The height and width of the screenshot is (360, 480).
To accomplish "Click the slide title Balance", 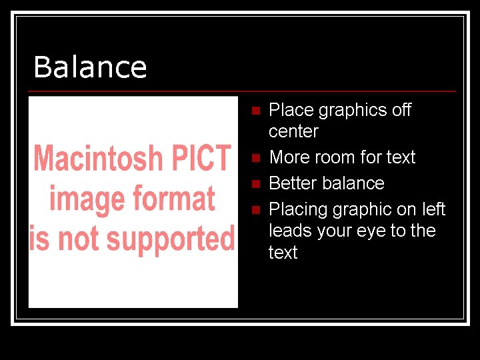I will [90, 67].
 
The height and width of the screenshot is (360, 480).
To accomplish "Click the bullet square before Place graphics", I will [254, 111].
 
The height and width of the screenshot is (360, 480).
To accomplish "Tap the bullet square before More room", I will [254, 159].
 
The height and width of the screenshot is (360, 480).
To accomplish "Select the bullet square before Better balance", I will [254, 184].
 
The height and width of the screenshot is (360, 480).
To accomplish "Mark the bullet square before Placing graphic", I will [254, 210].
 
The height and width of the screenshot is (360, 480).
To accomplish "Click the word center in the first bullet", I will [293, 131].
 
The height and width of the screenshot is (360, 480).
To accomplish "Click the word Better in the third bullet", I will [294, 183].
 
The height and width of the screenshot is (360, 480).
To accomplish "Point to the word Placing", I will [299, 209].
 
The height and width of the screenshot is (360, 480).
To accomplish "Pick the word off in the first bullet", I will [401, 109].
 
